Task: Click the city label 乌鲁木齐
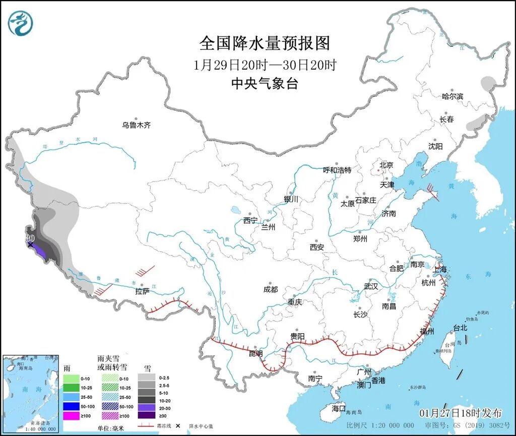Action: (x=136, y=125)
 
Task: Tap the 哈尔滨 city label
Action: (x=452, y=96)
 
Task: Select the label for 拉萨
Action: (x=143, y=291)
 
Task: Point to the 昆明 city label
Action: (x=255, y=353)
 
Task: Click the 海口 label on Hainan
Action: (x=339, y=408)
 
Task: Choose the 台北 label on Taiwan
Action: (x=460, y=328)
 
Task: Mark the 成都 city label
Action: (x=271, y=289)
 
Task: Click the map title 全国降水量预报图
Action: (x=264, y=43)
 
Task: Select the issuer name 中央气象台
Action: (x=264, y=84)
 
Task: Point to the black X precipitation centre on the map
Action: (x=30, y=245)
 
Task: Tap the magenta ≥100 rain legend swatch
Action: (x=72, y=416)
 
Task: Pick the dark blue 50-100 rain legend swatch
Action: (x=72, y=406)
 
